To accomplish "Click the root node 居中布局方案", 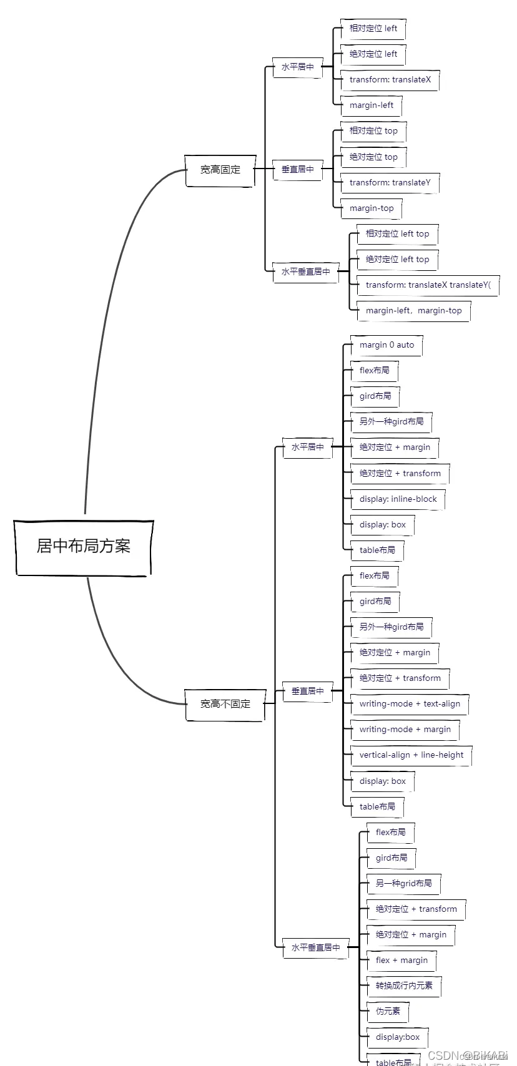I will (x=84, y=547).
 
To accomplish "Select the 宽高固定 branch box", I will (x=220, y=170).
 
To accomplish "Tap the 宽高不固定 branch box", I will (x=225, y=704).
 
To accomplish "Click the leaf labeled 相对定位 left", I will (x=373, y=29).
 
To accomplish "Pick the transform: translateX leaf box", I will (x=390, y=80).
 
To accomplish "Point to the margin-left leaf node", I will (x=372, y=105).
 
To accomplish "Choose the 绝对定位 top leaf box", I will (x=373, y=157).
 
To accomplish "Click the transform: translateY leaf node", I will (x=390, y=183).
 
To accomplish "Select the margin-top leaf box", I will (x=372, y=208).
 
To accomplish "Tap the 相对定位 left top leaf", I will (x=398, y=234).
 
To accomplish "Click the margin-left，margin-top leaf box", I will (x=414, y=311).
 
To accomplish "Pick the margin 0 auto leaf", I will (x=387, y=345).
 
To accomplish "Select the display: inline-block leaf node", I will (x=398, y=499).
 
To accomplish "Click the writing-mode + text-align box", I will (x=410, y=704).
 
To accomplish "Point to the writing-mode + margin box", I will (x=405, y=730).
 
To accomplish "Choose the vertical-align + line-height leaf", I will (x=411, y=755).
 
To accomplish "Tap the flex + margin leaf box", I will (x=401, y=961).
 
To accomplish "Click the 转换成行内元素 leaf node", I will (x=404, y=986).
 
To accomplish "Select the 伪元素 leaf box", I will (x=388, y=1012).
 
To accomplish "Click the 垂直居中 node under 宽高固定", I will (x=298, y=170).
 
